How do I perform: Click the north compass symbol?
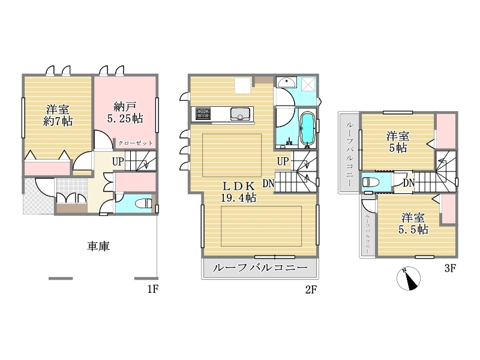(x=409, y=278)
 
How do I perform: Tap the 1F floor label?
(x=153, y=289)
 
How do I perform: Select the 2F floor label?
(x=311, y=289)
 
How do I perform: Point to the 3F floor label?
(x=451, y=268)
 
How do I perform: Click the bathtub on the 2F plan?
(x=308, y=128)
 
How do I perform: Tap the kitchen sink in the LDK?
(x=241, y=114)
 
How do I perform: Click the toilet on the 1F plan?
(x=143, y=203)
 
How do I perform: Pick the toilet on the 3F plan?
(x=370, y=182)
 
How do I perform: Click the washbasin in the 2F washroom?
(x=286, y=82)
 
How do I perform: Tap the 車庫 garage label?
(x=98, y=246)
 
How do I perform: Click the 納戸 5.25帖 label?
(x=125, y=113)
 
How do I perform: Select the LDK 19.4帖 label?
(x=238, y=192)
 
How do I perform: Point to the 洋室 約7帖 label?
(x=58, y=115)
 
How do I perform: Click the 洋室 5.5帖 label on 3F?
(x=413, y=223)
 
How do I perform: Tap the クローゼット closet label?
(x=136, y=143)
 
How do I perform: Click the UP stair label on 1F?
(x=118, y=161)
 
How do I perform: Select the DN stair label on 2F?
(x=268, y=184)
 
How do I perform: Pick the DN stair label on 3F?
(x=409, y=183)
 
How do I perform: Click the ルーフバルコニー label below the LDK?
(x=260, y=268)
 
